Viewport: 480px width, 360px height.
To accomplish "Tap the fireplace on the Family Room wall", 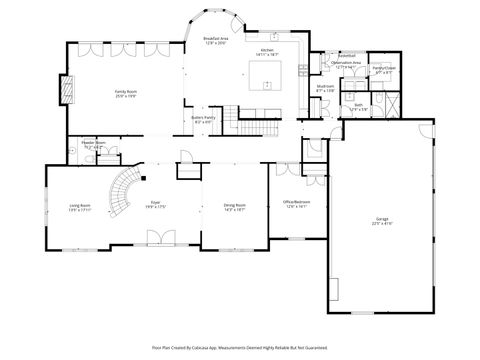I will (69, 91).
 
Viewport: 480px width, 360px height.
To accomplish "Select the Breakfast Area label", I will (215, 41).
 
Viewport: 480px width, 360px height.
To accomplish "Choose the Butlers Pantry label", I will (204, 121).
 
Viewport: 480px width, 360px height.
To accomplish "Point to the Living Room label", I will (66, 208).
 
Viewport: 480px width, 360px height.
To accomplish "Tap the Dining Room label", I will (235, 208).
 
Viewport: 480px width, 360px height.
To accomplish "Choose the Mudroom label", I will (325, 88).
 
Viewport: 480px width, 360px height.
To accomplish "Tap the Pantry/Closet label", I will (383, 70).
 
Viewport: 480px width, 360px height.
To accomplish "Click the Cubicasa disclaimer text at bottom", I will (240, 347).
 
